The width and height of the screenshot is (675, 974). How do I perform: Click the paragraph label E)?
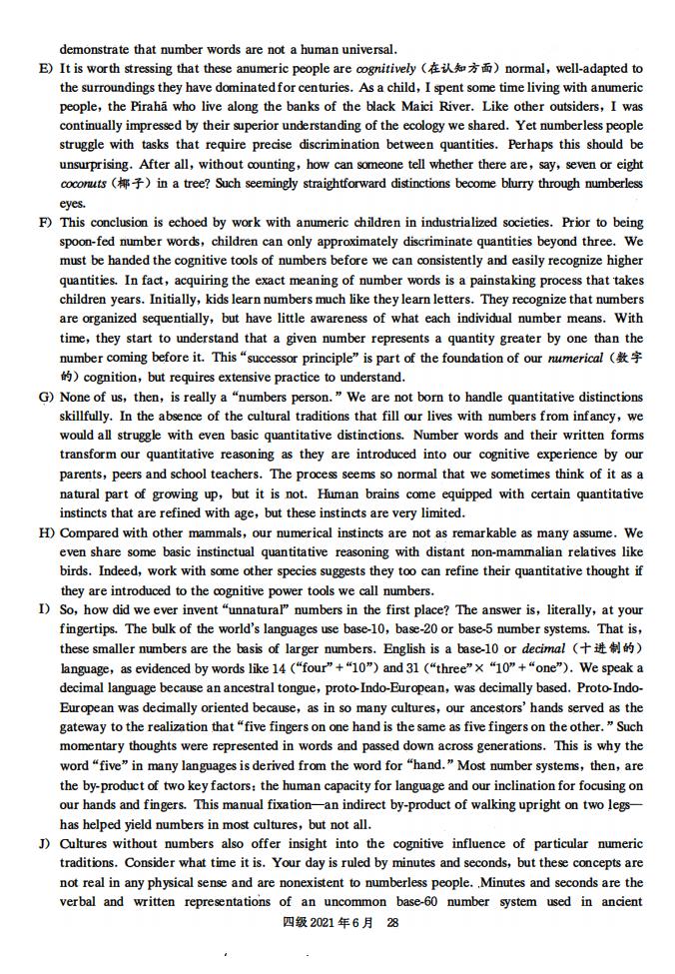pos(45,69)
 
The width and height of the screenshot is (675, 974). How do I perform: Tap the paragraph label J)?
pos(45,844)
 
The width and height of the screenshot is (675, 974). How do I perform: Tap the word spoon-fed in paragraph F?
pos(95,243)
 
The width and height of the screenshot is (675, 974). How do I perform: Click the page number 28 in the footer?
pos(392,924)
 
